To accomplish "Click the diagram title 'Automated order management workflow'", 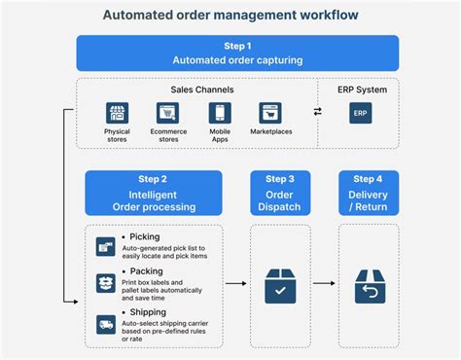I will (x=230, y=16).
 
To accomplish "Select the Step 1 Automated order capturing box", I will (x=237, y=53).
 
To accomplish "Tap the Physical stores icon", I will (x=117, y=113).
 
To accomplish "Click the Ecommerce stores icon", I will (x=168, y=113).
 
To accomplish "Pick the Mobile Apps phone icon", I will (x=220, y=113).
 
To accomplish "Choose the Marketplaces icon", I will (x=270, y=113).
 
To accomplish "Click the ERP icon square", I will (x=359, y=113).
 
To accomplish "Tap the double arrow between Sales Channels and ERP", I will (x=317, y=112).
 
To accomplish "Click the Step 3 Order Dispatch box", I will (x=281, y=193).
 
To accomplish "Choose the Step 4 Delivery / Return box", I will (x=368, y=193).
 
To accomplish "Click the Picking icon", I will (x=105, y=247).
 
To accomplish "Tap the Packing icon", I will (x=105, y=283).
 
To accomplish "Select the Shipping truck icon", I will (x=105, y=324).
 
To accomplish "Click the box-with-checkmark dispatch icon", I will (x=281, y=285).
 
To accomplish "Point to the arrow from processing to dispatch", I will (x=235, y=284).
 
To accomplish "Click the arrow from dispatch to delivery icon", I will (x=325, y=284).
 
